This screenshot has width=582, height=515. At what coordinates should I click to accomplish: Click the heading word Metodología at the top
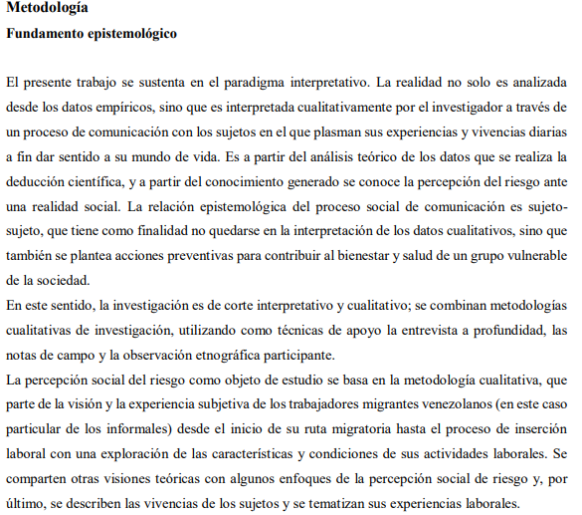47,9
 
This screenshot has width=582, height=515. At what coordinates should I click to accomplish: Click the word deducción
38,182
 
